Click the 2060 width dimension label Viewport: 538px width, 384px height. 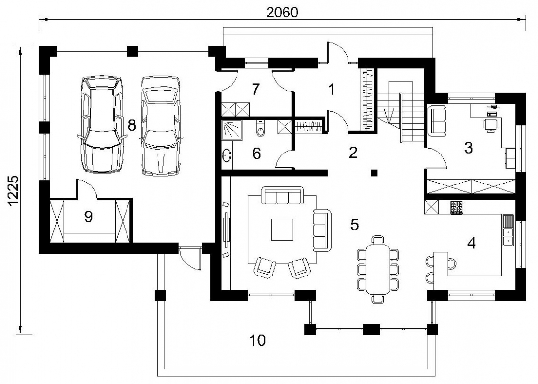tap(283, 12)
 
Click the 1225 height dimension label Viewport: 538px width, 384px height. tap(14, 191)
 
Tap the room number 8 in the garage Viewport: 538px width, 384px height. tap(132, 125)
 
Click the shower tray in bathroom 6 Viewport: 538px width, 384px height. tap(232, 130)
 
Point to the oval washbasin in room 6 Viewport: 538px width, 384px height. tap(227, 154)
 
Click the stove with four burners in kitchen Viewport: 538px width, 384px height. tap(457, 207)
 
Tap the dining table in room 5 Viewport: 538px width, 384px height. tap(378, 269)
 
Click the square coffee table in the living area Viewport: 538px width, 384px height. tap(283, 230)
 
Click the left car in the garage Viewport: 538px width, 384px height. tap(102, 124)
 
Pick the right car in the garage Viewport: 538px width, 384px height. tap(160, 125)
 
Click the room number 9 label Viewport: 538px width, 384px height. tap(88, 216)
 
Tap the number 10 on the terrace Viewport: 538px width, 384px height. tap(257, 340)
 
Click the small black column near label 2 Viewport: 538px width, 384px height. tap(375, 173)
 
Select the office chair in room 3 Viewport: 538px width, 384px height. tap(490, 124)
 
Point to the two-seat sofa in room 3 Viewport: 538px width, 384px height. tap(437, 121)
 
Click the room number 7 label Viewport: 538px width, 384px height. tap(255, 90)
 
